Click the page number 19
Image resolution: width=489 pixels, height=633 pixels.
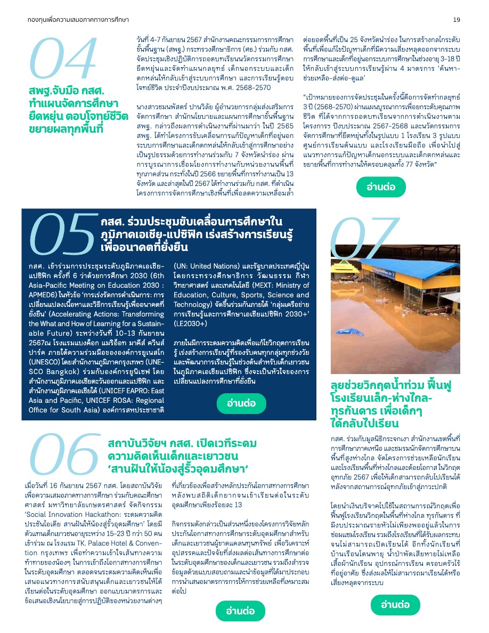(x=457, y=20)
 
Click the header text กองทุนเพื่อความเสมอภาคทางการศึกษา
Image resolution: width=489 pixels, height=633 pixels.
(x=78, y=20)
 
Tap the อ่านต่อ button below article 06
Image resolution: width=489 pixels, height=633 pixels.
(x=241, y=610)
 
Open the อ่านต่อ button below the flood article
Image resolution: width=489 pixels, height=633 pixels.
(x=395, y=604)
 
